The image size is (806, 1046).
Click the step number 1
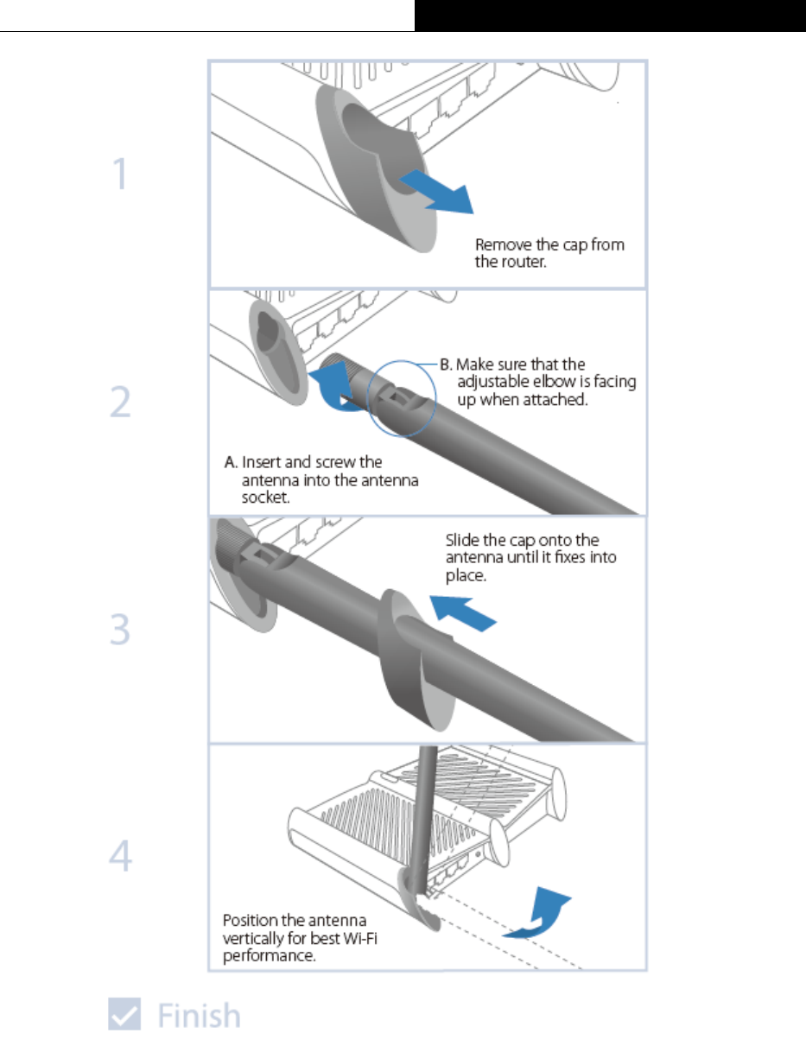pos(120,175)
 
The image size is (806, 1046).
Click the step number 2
pos(120,403)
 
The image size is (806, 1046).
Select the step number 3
pos(120,631)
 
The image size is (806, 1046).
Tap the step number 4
pos(120,857)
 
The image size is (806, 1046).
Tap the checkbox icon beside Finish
pos(124,1014)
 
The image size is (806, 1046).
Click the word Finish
pos(199,1015)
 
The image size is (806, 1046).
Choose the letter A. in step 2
pos(232,462)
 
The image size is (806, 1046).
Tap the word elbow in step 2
pos(555,383)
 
